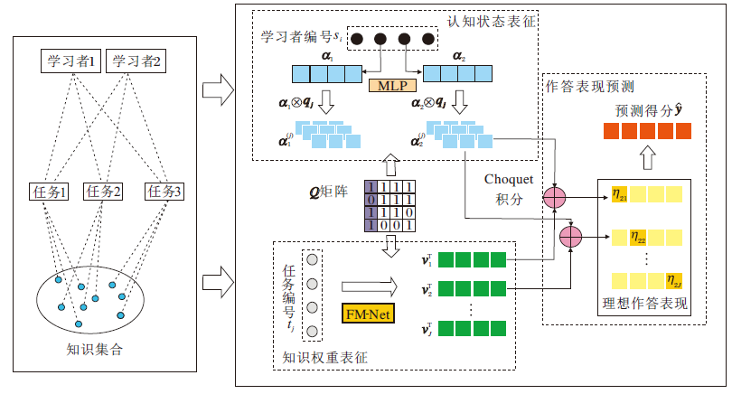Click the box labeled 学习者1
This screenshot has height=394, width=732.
pyautogui.click(x=73, y=61)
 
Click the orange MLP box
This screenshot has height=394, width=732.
pyautogui.click(x=390, y=86)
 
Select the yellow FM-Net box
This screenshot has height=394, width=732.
pyautogui.click(x=365, y=314)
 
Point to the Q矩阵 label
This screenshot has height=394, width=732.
pyautogui.click(x=329, y=192)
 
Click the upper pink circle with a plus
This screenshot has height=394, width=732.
pyautogui.click(x=554, y=197)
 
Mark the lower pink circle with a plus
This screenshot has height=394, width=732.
pyautogui.click(x=570, y=237)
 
